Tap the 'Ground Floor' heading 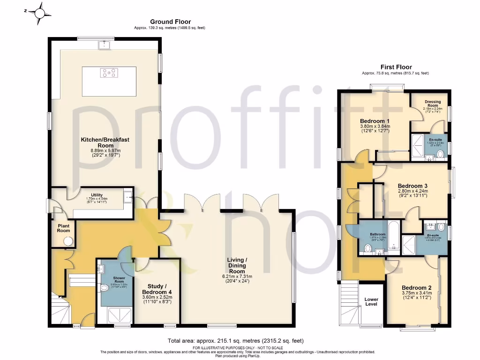pos(170,22)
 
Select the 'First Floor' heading pos(395,67)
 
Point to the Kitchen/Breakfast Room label pos(105,147)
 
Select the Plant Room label pos(63,228)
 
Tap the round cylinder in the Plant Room pos(68,241)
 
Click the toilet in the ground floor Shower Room pos(104,288)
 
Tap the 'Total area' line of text pos(239,341)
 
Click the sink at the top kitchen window pos(103,45)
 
